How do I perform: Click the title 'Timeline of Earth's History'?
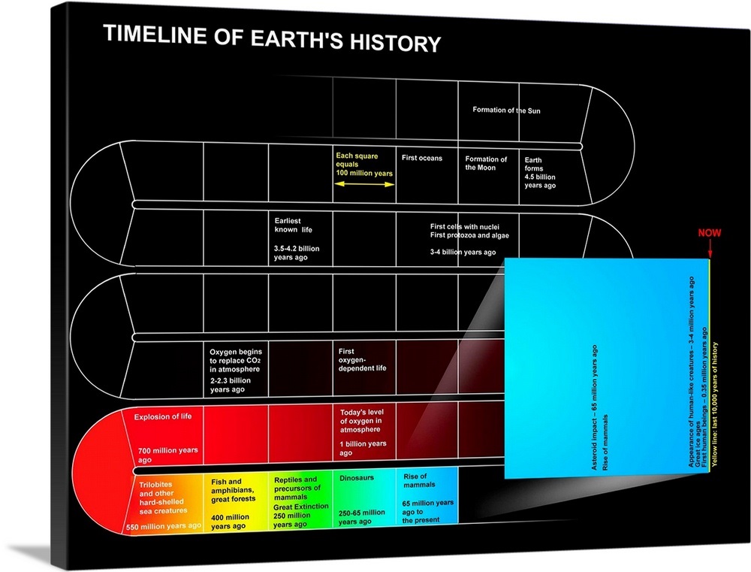271,38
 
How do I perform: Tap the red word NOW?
709,233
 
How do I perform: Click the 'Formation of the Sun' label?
506,110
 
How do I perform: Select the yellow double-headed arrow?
364,183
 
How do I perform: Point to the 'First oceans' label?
422,158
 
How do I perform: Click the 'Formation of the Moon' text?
486,163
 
